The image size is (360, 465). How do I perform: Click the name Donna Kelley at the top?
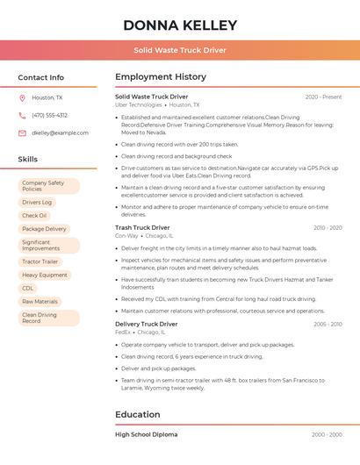coord(180,25)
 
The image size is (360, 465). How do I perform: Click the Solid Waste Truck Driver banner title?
coord(180,50)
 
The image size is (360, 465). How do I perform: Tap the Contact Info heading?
coord(40,77)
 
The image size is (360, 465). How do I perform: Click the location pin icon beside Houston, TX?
coord(22,98)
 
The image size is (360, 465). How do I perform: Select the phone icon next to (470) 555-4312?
coord(22,115)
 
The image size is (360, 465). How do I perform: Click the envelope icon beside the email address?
coord(22,133)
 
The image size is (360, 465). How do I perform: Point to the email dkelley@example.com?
coord(60,133)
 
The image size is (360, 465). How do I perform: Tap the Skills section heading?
coord(28,160)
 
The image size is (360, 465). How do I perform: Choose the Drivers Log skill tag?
coord(37,203)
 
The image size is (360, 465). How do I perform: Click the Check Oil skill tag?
coord(34,216)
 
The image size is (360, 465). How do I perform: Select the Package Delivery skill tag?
coord(44,229)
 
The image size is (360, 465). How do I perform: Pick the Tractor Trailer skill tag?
coord(40,261)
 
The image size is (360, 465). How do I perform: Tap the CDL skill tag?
coord(28,288)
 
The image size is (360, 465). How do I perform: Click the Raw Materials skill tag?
coord(40,301)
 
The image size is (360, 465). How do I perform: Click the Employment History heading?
coord(161,77)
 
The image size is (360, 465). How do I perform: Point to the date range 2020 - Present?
coord(323,97)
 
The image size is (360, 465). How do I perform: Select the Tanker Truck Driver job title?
coord(142,228)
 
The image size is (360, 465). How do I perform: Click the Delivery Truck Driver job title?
coord(146,325)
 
